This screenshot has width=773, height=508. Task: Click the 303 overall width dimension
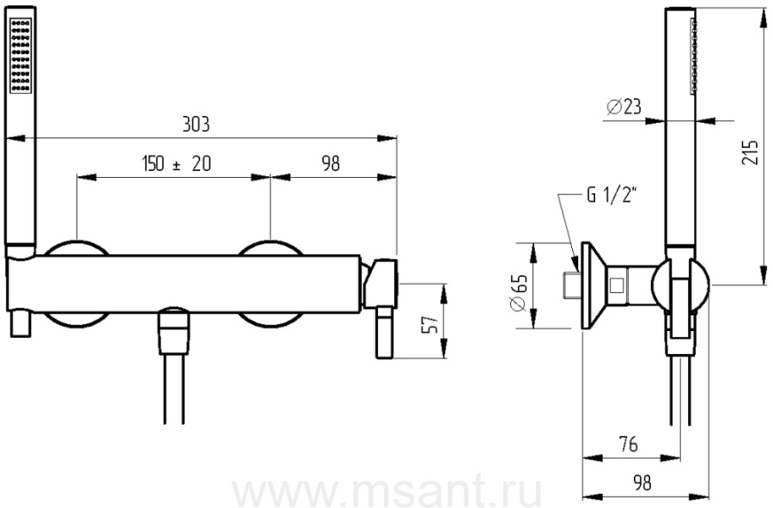pyautogui.click(x=196, y=124)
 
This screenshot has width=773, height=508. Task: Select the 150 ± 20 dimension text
pyautogui.click(x=174, y=164)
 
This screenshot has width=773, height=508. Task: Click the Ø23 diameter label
pyautogui.click(x=625, y=107)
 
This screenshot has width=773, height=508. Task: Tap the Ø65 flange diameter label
pyautogui.click(x=518, y=296)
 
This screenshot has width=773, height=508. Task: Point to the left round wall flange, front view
pyautogui.click(x=77, y=249)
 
